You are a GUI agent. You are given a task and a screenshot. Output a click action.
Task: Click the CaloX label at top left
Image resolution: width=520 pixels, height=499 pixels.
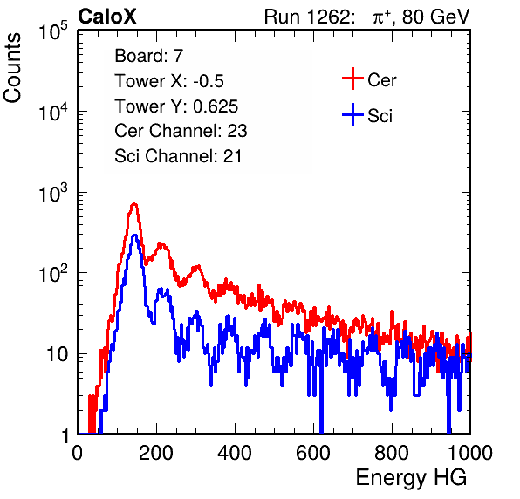tap(107, 17)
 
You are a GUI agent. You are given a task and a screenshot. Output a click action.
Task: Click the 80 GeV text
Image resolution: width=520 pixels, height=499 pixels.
tap(435, 17)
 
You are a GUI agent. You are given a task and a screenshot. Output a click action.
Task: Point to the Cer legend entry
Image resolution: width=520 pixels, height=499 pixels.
tap(369, 79)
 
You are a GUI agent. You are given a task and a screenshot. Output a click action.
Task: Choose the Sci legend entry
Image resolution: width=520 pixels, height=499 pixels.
tap(367, 115)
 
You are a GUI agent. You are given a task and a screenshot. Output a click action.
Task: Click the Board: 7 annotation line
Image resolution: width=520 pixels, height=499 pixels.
tap(149, 56)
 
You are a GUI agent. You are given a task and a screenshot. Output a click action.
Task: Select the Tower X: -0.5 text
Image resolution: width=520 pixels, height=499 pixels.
tap(169, 81)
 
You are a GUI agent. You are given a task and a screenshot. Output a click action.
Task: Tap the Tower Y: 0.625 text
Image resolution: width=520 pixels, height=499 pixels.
tap(176, 106)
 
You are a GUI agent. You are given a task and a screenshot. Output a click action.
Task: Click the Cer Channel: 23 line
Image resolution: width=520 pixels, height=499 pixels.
tap(181, 131)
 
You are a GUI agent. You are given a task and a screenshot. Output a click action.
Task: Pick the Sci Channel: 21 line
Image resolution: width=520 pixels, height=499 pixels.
tap(178, 156)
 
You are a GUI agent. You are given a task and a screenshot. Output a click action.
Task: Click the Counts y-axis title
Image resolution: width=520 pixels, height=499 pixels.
tap(12, 68)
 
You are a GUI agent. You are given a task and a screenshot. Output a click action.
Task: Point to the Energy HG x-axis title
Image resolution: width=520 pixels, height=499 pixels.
tap(411, 478)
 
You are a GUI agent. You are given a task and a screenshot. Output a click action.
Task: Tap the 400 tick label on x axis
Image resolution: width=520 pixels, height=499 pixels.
tap(235, 452)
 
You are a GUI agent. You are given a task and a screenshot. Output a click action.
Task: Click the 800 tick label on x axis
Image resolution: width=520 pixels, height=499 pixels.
tap(392, 452)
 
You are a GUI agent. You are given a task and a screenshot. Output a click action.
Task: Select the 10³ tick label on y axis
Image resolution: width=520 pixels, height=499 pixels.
tap(53, 194)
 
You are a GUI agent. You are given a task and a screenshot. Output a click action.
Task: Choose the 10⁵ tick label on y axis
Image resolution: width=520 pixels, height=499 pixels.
tap(53, 31)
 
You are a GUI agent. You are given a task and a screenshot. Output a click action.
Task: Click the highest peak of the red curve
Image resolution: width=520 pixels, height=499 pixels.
tap(134, 204)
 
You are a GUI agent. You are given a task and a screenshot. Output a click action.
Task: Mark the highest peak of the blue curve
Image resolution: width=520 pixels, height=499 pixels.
tap(134, 236)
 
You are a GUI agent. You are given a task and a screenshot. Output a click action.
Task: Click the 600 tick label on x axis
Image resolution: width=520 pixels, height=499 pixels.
tap(313, 452)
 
